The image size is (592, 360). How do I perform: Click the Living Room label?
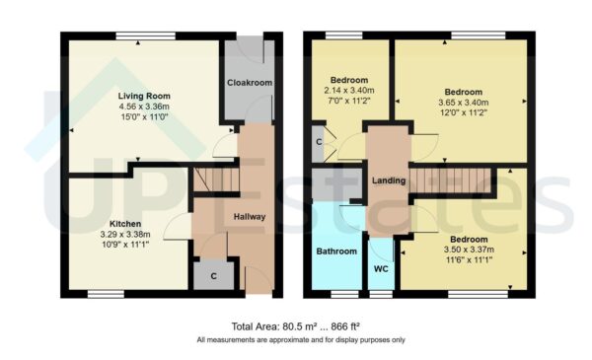tap(138, 96)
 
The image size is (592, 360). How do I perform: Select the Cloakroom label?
tap(250, 83)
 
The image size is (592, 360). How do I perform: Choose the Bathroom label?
tap(336, 252)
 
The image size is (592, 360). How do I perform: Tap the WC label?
tap(381, 268)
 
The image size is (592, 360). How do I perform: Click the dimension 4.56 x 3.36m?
tap(138, 106)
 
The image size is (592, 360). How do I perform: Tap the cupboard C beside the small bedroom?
tap(318, 142)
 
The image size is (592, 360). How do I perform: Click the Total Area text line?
tap(296, 326)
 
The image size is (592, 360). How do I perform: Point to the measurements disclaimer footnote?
tap(296, 340)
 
